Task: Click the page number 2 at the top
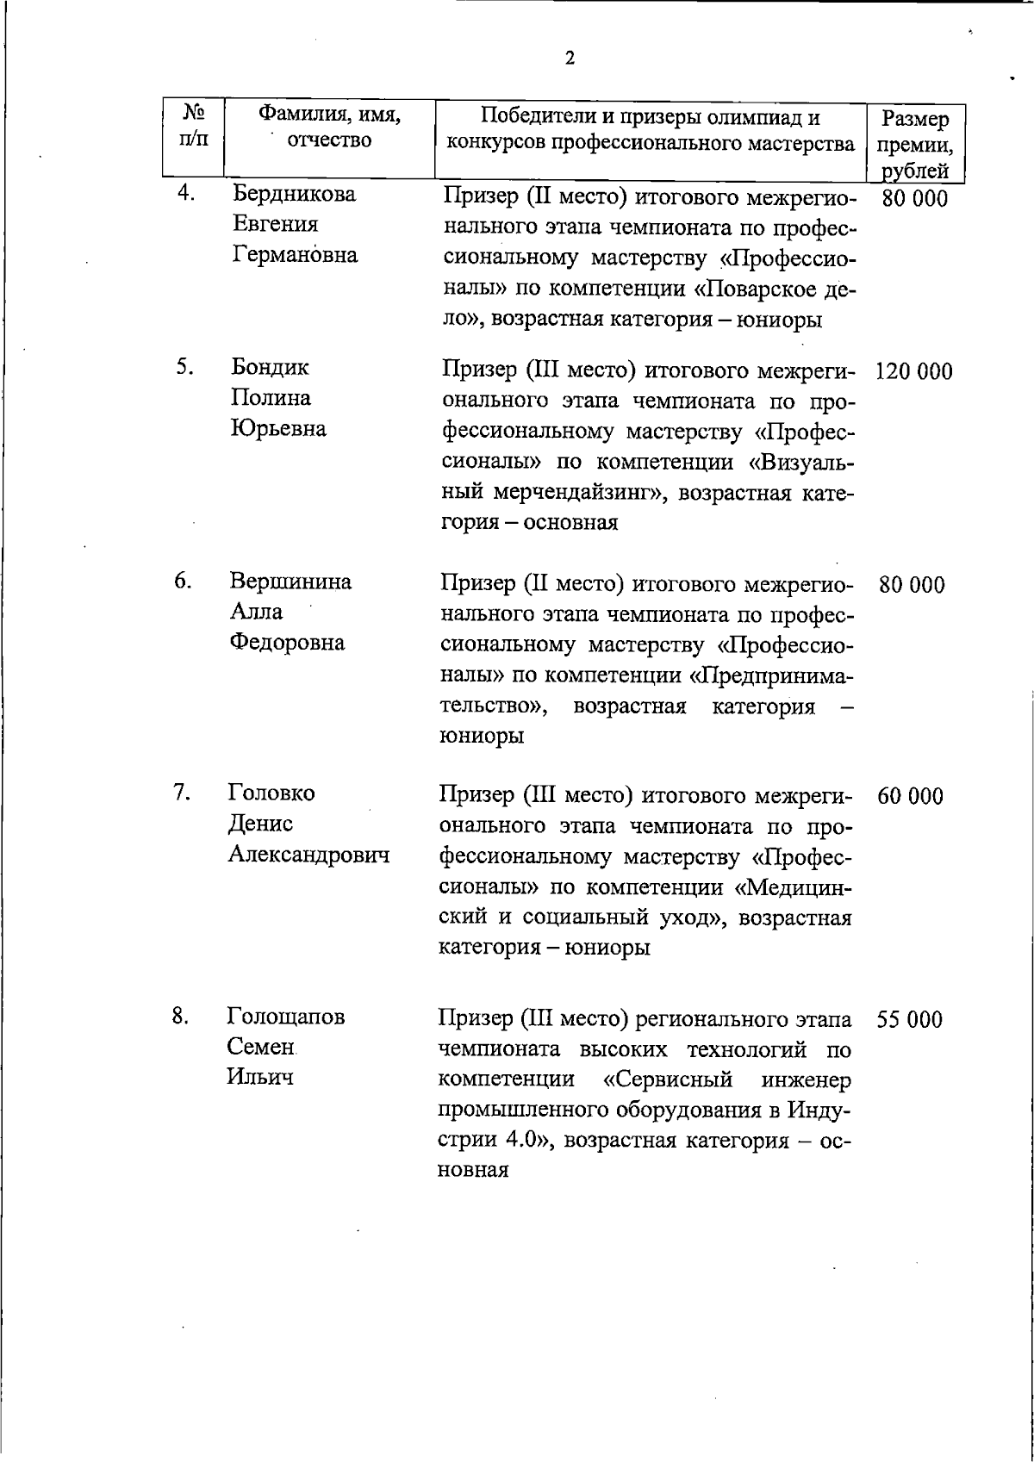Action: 570,59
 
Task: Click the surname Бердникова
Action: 294,194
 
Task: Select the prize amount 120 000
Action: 913,372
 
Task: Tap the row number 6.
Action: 182,582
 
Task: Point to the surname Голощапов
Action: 286,1017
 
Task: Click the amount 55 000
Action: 909,1020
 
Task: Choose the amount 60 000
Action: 910,796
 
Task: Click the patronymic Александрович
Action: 308,855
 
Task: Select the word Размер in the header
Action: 916,119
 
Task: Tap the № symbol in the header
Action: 194,113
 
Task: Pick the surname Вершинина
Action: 290,582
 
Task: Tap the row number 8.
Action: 180,1017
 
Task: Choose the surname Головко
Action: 271,793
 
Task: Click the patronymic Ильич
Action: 260,1077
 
